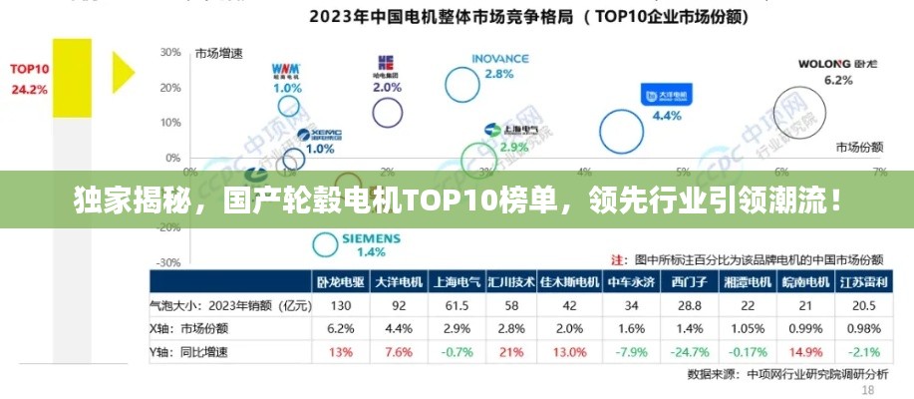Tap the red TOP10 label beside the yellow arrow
point(29,69)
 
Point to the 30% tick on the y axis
point(169,52)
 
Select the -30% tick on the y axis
point(169,262)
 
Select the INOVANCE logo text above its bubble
point(499,59)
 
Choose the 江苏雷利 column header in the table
point(858,282)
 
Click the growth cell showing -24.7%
point(689,350)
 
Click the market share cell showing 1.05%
point(746,327)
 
